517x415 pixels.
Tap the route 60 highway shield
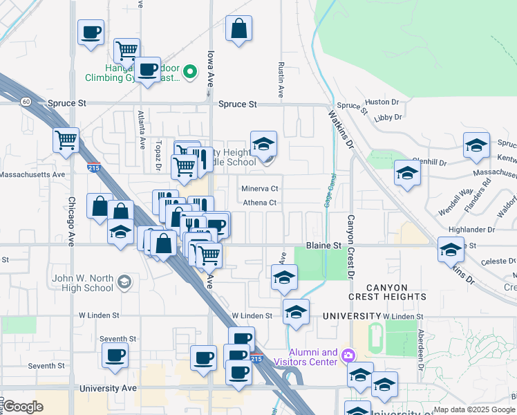point(26,102)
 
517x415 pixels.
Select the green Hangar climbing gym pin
point(191,71)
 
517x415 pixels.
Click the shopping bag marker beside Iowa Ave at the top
point(238,28)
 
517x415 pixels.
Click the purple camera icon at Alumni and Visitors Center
point(348,356)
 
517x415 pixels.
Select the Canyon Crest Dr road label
point(351,252)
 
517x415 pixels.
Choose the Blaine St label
point(323,246)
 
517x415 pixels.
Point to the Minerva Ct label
point(259,188)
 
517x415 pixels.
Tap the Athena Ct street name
point(259,203)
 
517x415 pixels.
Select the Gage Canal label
point(326,192)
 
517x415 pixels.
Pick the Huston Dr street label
point(387,102)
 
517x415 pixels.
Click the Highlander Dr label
point(472,229)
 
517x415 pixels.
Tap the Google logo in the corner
point(23,407)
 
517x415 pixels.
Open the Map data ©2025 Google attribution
point(475,409)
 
